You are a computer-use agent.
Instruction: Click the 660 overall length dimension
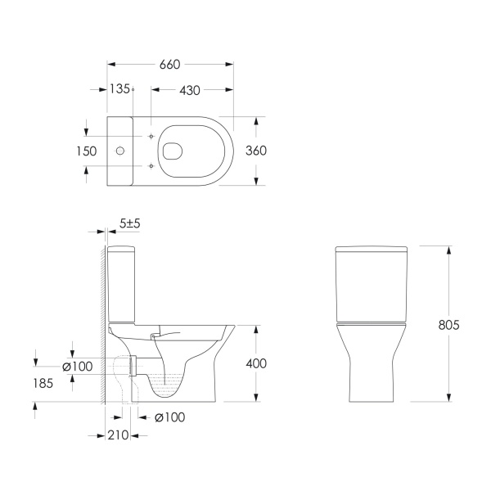coord(169,65)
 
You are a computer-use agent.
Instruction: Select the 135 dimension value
coord(119,89)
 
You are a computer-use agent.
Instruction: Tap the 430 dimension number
coord(190,91)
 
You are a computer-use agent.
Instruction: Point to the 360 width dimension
coord(256,151)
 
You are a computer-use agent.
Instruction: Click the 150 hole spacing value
coord(87,151)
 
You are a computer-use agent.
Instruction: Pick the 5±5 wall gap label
coord(130,223)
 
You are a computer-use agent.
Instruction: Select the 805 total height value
coord(448,325)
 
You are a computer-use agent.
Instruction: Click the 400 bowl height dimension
coord(256,363)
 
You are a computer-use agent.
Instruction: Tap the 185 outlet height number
coord(43,383)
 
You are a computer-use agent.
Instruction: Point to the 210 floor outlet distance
coord(118,435)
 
